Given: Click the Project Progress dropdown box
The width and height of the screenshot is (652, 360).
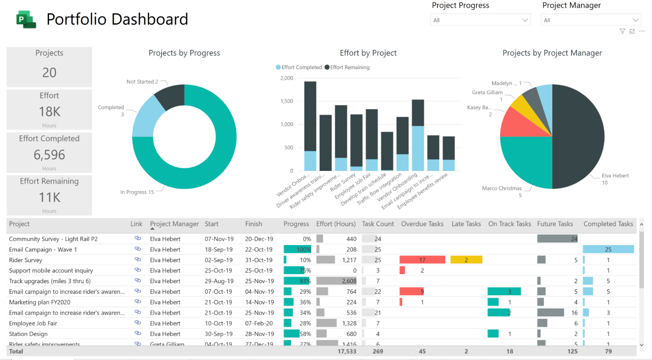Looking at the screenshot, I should click(480, 20).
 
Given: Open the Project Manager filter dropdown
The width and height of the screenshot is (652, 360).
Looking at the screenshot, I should click(590, 20).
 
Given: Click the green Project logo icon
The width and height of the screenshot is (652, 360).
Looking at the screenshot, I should click(26, 20).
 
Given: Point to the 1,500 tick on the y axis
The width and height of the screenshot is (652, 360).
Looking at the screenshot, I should click(287, 101).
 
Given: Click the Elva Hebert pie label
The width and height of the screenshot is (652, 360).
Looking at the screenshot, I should click(615, 176).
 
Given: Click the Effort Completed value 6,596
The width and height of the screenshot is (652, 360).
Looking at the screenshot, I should click(49, 155).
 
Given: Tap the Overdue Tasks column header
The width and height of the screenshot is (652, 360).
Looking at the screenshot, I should click(422, 224).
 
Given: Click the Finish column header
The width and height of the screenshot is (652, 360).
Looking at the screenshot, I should click(254, 224).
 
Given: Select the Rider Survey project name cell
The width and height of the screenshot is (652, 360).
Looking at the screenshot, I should click(26, 260).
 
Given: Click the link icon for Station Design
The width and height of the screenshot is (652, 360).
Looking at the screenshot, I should click(137, 334).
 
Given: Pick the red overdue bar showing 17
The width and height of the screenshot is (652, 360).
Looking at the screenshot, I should click(422, 260).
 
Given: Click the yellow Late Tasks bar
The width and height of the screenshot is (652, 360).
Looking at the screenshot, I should click(466, 260).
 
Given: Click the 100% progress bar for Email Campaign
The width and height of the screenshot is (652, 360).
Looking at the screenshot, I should click(297, 249).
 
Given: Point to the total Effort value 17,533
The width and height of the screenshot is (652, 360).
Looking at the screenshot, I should click(347, 351).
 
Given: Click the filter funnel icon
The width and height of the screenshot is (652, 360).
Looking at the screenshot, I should click(622, 31).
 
